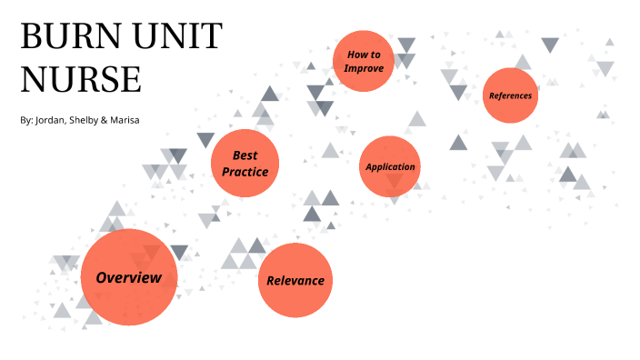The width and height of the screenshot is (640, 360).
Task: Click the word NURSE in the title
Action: (x=81, y=80)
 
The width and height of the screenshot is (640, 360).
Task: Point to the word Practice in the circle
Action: (x=245, y=171)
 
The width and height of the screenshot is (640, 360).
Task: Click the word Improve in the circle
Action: (x=363, y=68)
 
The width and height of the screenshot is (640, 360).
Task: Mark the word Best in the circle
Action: (x=245, y=155)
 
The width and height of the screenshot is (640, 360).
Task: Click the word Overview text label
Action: (x=128, y=277)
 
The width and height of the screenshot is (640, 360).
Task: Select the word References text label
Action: (x=510, y=95)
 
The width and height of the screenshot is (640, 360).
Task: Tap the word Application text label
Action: (x=390, y=167)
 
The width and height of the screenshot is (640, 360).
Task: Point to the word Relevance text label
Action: (x=295, y=280)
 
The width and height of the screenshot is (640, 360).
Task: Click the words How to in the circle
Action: (x=364, y=55)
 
